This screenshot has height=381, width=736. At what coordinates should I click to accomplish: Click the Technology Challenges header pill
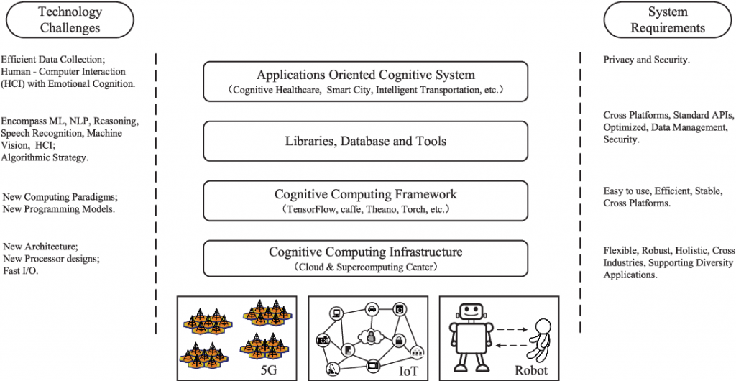70,20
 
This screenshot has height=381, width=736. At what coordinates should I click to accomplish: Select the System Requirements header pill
668,20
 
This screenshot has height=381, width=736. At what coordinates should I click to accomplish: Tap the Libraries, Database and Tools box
367,141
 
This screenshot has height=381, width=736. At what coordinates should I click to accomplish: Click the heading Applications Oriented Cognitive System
366,75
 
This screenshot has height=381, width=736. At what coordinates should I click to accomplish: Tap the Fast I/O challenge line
21,270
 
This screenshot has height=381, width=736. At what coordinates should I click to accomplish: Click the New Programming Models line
59,209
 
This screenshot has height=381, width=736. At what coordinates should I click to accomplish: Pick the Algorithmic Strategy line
45,157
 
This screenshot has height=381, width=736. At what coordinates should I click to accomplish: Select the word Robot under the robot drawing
531,370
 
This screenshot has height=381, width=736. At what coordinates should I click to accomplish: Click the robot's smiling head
471,311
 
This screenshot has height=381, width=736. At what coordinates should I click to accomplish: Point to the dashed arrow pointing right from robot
512,330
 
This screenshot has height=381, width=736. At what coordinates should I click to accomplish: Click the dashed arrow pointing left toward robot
512,346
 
